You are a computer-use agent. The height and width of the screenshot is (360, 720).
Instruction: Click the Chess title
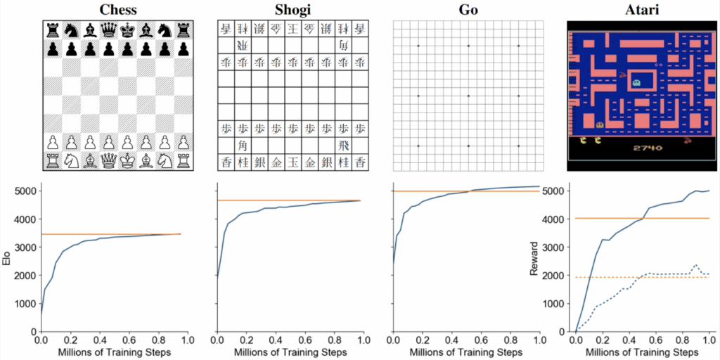[x=117, y=9]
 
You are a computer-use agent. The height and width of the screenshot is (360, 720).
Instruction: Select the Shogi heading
[x=292, y=9]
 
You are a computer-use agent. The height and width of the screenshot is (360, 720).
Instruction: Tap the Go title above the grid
[x=468, y=9]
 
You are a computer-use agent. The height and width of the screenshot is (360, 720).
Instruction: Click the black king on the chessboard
[x=127, y=30]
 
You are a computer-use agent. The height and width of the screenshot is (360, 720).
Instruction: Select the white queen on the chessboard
[x=108, y=160]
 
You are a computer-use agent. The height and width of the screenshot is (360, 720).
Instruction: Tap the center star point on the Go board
[x=468, y=96]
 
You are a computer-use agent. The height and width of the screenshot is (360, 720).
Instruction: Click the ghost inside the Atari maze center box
[x=636, y=82]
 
